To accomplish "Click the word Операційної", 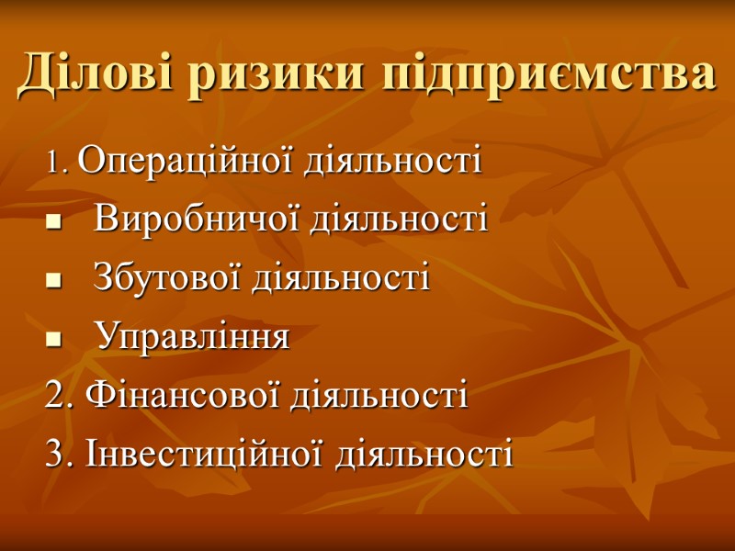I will click(172, 163).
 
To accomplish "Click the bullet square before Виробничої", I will click(52, 223).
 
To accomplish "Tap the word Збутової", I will click(169, 277).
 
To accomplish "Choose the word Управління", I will click(192, 337).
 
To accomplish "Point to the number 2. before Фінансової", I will click(59, 397).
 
